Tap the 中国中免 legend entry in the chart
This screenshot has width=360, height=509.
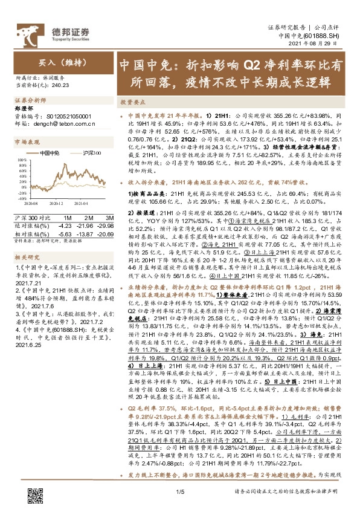coord(50,154)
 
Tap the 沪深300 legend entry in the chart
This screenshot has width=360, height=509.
coord(90,154)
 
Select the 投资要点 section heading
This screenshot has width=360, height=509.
coord(131,103)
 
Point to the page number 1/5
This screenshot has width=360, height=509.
coord(179,493)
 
